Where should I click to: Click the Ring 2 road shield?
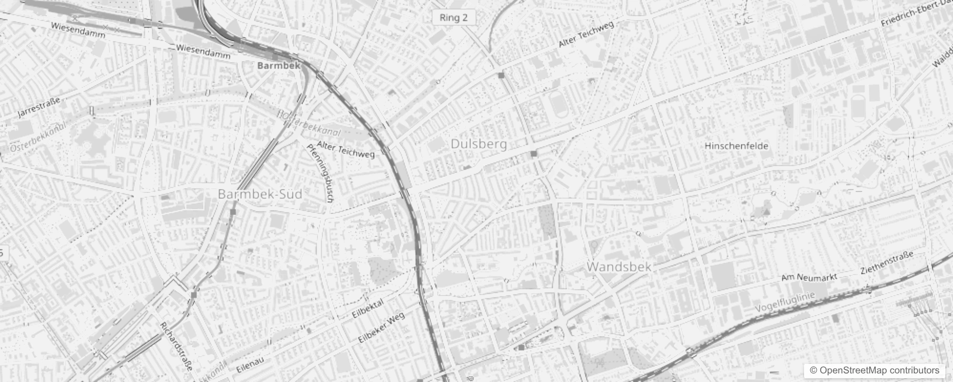[x=454, y=18]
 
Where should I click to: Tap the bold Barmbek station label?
[x=279, y=65]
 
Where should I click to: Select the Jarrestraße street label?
[x=39, y=107]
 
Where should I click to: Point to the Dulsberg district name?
[x=478, y=144]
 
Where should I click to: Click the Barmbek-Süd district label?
[x=260, y=194]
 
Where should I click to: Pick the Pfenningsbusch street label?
[x=320, y=173]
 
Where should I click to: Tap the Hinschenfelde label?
[x=736, y=146]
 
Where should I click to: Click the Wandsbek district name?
[x=619, y=266]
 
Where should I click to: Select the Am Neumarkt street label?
[x=809, y=277]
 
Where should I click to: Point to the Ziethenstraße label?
[x=887, y=262]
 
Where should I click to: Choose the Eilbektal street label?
[x=368, y=309]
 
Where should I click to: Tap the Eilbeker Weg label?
[x=381, y=327]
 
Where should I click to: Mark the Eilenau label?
[x=250, y=365]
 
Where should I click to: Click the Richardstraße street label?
[x=176, y=346]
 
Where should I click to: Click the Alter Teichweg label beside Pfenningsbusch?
[x=346, y=149]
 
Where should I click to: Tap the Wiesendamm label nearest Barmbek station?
[x=203, y=51]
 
